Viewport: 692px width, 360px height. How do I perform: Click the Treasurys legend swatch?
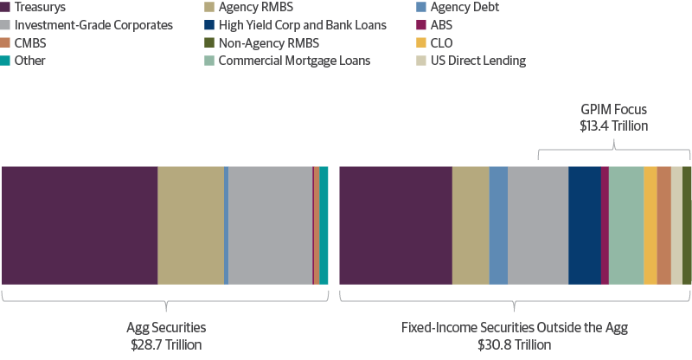point(5,7)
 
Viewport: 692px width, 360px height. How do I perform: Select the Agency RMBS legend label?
point(255,7)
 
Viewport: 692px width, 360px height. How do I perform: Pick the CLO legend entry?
point(442,42)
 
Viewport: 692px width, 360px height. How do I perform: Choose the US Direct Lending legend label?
point(477,61)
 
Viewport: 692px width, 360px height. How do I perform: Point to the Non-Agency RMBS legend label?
point(268,42)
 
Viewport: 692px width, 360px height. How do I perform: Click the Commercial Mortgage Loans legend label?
point(294,61)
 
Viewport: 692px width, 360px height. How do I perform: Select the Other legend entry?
point(30,61)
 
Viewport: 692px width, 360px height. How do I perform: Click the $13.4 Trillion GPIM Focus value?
point(613,126)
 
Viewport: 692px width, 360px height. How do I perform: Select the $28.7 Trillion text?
point(166,344)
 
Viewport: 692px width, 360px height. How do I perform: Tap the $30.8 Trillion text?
point(514,344)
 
